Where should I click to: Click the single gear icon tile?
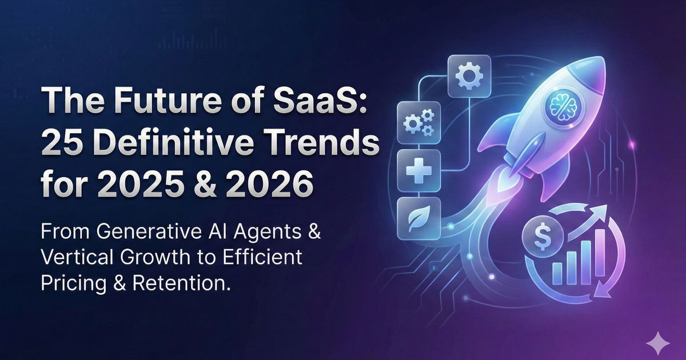(472, 74)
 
